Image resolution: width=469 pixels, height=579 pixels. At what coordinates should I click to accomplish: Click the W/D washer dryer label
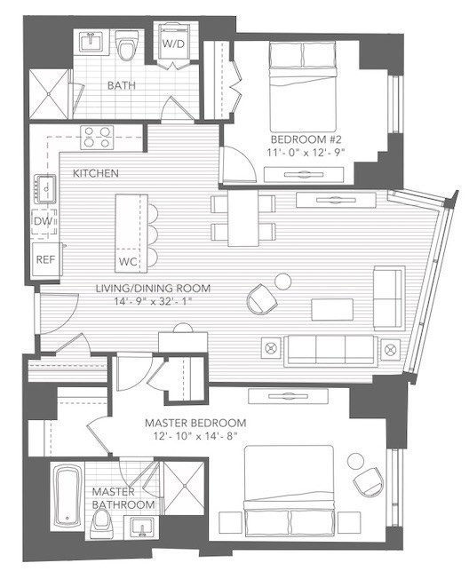click(174, 44)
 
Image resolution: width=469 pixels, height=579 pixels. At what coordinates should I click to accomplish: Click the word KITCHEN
click(96, 172)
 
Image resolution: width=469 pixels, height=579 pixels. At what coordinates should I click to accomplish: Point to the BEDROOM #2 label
click(308, 139)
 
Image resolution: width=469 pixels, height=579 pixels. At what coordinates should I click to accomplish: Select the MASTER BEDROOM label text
click(195, 423)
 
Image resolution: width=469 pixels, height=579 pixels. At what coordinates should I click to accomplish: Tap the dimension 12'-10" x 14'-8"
click(195, 436)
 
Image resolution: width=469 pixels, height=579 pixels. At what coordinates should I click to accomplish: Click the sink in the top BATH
click(90, 44)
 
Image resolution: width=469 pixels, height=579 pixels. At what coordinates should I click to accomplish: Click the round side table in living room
click(282, 282)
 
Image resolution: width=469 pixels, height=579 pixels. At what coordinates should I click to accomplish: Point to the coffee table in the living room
click(331, 308)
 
